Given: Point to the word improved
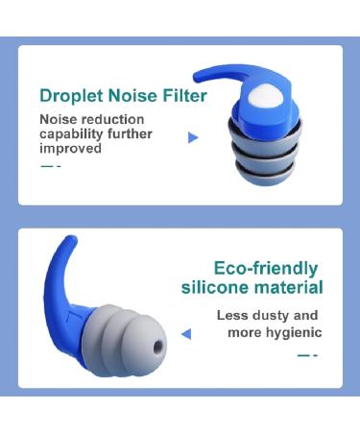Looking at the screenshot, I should [x=70, y=148].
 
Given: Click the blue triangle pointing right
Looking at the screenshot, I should [x=193, y=138].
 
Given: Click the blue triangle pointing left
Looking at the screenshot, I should [x=186, y=334].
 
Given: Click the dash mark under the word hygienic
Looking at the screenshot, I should [x=307, y=354].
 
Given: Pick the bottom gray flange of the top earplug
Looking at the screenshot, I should [x=258, y=179].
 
